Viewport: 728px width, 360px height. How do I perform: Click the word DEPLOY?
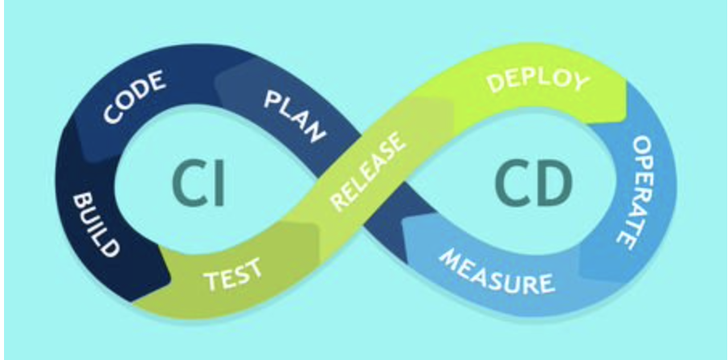click(538, 80)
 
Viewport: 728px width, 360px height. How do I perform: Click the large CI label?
click(197, 181)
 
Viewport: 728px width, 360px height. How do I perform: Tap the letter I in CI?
click(217, 181)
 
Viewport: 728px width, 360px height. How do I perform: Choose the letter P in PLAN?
click(270, 100)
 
